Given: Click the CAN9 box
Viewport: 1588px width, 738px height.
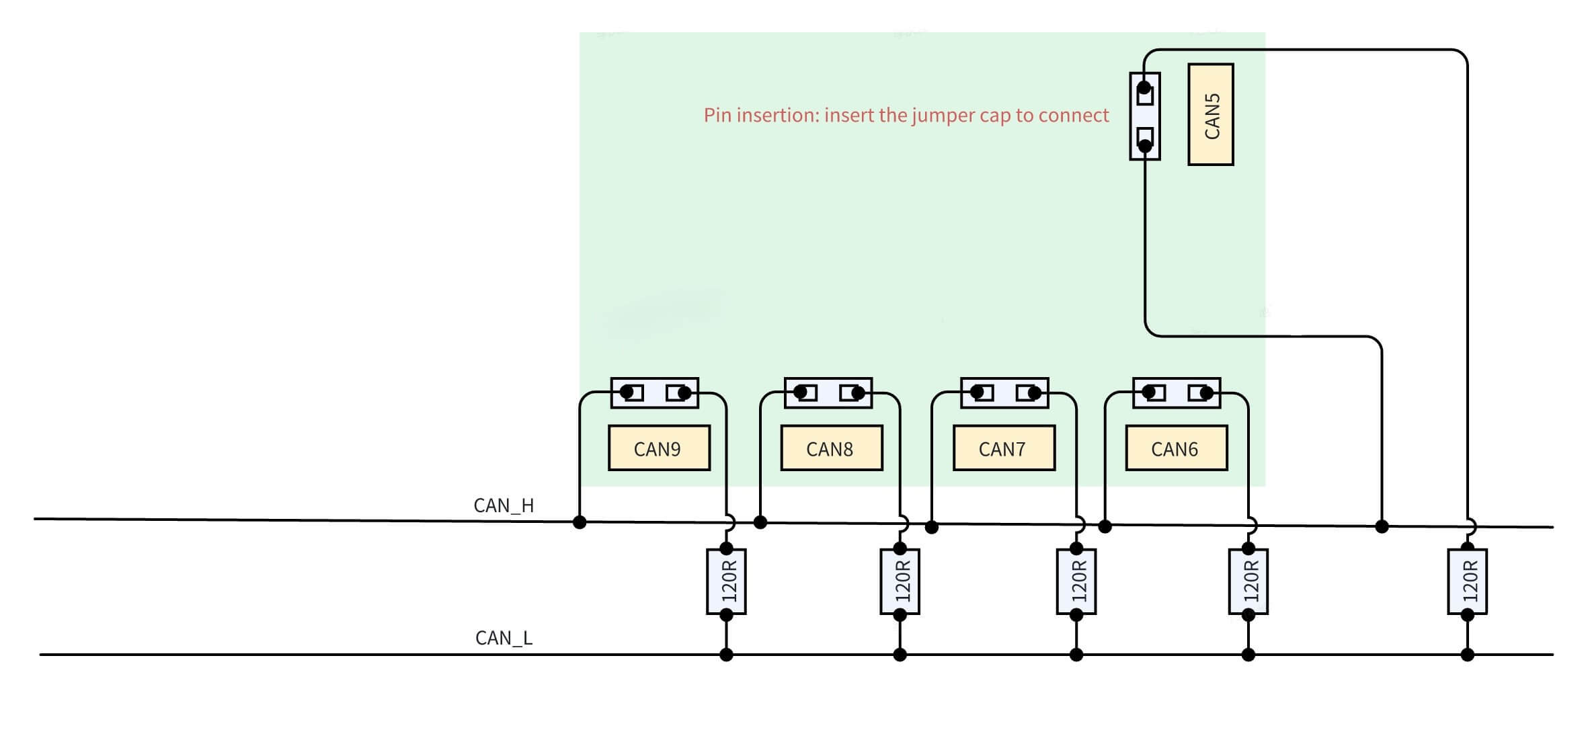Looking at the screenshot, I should click(x=658, y=448).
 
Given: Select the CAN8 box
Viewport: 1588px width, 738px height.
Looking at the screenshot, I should click(x=831, y=448).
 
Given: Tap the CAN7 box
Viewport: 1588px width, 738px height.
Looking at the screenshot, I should click(x=1003, y=448).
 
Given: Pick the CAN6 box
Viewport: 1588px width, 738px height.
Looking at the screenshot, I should click(x=1176, y=448).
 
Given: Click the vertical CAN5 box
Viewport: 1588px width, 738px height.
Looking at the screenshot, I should click(x=1210, y=114).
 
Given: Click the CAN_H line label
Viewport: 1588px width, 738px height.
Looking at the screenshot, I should click(x=504, y=505).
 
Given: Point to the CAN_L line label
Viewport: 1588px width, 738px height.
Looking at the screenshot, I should click(x=504, y=638).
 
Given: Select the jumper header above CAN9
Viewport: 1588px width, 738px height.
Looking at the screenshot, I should click(x=654, y=393).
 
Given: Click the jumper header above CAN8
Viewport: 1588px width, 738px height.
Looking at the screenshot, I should click(x=828, y=393).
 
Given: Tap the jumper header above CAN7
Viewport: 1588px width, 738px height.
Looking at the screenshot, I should click(x=1004, y=393).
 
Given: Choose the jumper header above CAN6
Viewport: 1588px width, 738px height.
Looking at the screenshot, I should click(x=1176, y=393).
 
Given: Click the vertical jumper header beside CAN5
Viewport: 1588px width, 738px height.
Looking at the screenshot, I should click(x=1144, y=116).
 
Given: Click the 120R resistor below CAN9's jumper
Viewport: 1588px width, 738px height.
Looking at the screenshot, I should click(x=726, y=581).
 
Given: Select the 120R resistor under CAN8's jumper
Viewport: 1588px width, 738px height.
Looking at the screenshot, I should click(x=900, y=581).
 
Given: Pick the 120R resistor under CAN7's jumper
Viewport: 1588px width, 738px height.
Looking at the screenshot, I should click(x=1076, y=581).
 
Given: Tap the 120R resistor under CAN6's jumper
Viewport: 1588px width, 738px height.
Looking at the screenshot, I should click(x=1248, y=581).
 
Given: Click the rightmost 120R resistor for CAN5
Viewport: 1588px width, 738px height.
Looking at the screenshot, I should click(x=1467, y=581).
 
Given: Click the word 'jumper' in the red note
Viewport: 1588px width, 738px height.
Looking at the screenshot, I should click(x=944, y=116).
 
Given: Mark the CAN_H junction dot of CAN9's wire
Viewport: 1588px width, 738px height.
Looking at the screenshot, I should click(x=580, y=522).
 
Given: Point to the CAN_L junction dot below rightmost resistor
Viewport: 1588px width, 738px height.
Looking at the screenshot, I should click(x=1467, y=654).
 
